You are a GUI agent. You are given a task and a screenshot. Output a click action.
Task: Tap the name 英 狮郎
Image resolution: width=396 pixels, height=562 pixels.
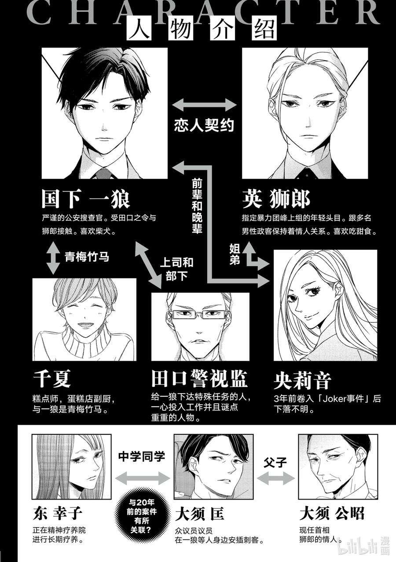click(276, 200)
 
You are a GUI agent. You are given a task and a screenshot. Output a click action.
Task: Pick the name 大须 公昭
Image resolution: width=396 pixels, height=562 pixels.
click(332, 514)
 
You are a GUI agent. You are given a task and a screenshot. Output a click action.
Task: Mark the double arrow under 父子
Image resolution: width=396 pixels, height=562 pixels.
click(276, 477)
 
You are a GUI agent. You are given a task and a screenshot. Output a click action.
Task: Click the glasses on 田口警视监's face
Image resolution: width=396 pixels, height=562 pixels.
click(200, 315)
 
